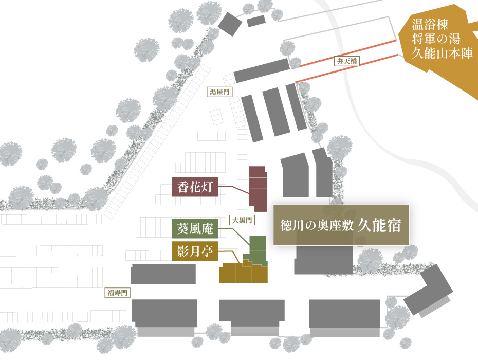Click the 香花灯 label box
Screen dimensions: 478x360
[195, 186]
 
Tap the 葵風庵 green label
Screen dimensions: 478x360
[195, 228]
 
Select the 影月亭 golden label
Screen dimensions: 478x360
[195, 251]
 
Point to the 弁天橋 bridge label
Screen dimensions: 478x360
[346, 61]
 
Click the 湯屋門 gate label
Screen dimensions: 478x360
[219, 92]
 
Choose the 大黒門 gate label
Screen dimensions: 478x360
[242, 220]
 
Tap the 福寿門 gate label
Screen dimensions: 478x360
[117, 293]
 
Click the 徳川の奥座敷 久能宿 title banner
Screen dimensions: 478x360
[341, 225]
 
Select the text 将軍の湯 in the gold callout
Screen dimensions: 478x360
[436, 39]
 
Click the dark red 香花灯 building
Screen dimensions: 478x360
[258, 189]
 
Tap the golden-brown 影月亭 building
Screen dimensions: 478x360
[243, 273]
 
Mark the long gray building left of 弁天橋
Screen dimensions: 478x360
[262, 70]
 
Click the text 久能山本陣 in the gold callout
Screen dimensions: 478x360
[442, 53]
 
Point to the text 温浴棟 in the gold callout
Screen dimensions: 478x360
[430, 24]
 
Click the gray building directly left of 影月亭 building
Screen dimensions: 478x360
[163, 274]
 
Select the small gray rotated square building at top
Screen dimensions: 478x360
[230, 24]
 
